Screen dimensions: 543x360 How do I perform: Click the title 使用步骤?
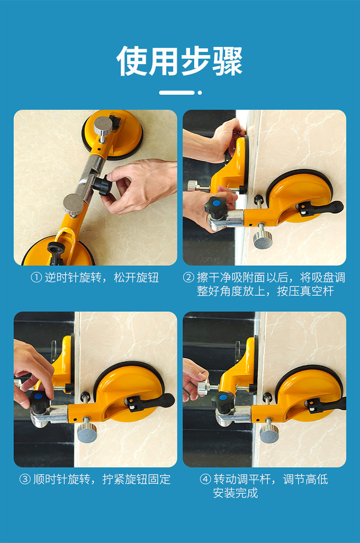click(180, 61)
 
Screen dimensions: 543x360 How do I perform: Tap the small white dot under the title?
click(200, 93)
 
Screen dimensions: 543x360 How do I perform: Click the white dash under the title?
click(177, 93)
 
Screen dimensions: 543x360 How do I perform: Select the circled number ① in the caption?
click(36, 278)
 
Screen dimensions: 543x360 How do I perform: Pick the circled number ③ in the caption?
click(25, 480)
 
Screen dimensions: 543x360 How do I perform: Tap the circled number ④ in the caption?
click(205, 480)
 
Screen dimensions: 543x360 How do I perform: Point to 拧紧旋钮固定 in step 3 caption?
click(136, 480)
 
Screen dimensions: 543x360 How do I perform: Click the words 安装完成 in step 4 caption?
click(236, 493)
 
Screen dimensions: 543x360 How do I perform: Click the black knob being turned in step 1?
click(103, 185)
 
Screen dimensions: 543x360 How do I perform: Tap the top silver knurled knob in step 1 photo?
click(103, 126)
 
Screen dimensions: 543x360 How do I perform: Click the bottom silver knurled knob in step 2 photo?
click(263, 238)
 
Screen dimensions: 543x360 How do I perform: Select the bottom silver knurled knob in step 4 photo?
click(269, 432)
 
